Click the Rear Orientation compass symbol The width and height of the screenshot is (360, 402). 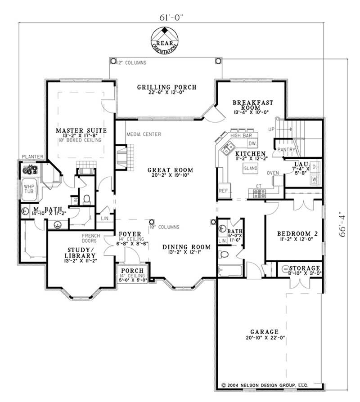tap(166, 40)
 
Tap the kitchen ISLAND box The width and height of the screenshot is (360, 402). tap(250, 168)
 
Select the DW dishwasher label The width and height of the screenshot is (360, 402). tap(252, 143)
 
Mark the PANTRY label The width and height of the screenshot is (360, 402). tap(285, 149)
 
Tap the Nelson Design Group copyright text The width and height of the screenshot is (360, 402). tap(265, 385)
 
